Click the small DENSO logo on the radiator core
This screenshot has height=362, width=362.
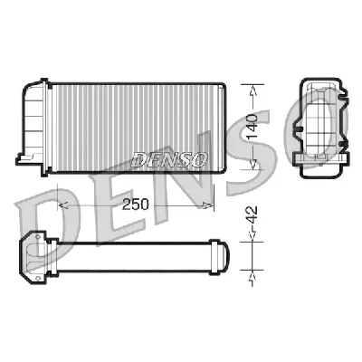click(170, 158)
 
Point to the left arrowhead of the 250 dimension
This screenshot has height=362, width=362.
click(62, 205)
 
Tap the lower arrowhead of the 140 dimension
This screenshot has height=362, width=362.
click(254, 163)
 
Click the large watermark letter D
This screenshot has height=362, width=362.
click(41, 217)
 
